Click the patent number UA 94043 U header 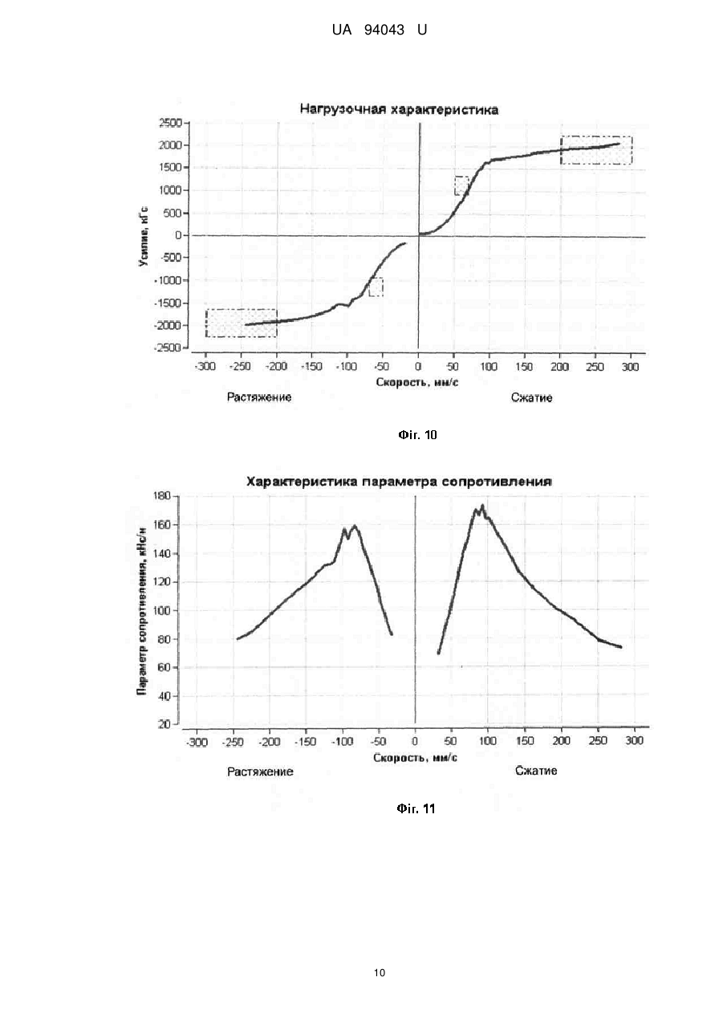(380, 31)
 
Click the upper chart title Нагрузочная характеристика (399, 109)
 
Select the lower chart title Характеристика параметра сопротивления (399, 482)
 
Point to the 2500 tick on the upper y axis (170, 123)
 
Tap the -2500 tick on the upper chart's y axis (169, 348)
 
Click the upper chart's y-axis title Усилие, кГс (143, 235)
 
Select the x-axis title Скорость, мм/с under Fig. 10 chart (417, 382)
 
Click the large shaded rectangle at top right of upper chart (596, 150)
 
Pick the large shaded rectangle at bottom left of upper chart (242, 323)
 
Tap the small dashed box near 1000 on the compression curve (461, 185)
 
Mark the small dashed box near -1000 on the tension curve (376, 287)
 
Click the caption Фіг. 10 (417, 435)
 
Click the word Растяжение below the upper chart (259, 397)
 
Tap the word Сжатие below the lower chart (536, 771)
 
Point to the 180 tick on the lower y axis (164, 496)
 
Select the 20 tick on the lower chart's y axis (165, 724)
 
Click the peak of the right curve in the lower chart (482, 506)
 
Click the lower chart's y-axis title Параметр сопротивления (142, 611)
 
